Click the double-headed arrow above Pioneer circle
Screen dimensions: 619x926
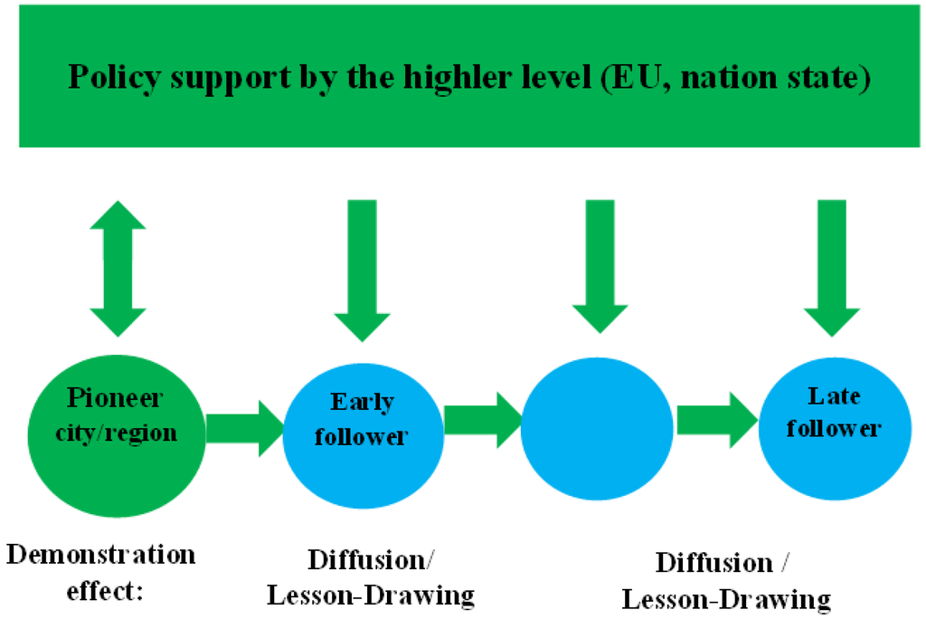coord(118,269)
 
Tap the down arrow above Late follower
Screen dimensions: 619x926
coord(832,266)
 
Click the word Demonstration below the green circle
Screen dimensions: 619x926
coord(100,554)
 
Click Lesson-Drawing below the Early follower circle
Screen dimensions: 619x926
coord(392,595)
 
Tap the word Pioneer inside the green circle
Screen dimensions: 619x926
coord(115,399)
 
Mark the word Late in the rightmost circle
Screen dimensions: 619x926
coord(834,395)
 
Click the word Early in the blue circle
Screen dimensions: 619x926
coord(363,402)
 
